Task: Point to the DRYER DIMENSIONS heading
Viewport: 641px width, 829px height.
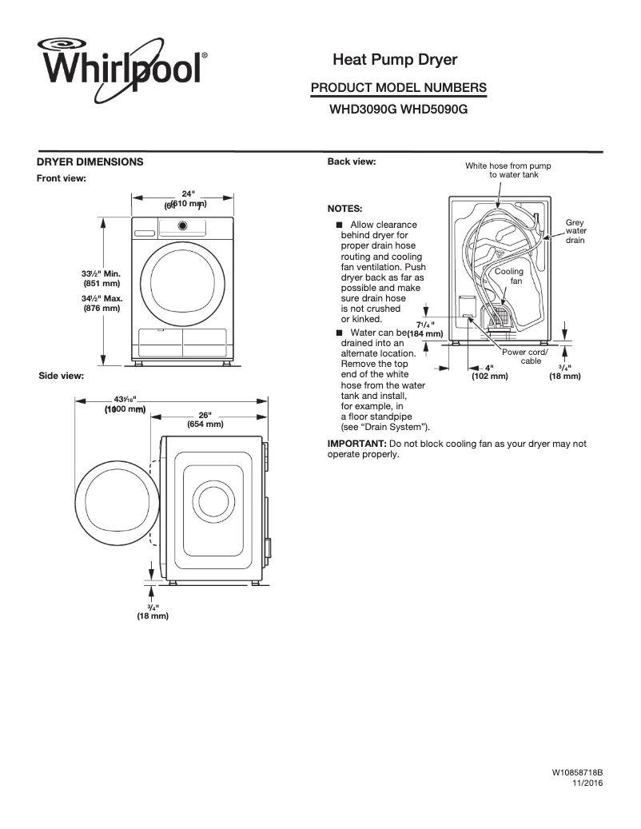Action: pyautogui.click(x=90, y=161)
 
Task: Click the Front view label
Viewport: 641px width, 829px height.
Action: pyautogui.click(x=62, y=177)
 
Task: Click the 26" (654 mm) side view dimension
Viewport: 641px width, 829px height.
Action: pyautogui.click(x=205, y=420)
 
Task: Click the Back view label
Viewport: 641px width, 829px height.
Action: pyautogui.click(x=352, y=161)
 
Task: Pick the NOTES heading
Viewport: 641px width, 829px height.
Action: pyautogui.click(x=345, y=208)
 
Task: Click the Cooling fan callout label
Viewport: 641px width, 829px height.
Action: pyautogui.click(x=509, y=277)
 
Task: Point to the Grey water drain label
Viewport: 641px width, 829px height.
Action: pyautogui.click(x=575, y=231)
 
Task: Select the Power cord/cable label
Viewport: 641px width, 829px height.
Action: pyautogui.click(x=524, y=357)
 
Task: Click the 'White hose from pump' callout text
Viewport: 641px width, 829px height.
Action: pyautogui.click(x=508, y=165)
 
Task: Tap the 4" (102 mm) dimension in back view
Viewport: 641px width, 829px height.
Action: pyautogui.click(x=489, y=372)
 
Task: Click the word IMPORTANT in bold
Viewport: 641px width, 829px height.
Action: pyautogui.click(x=356, y=443)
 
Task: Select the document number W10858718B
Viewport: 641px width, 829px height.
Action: pyautogui.click(x=576, y=774)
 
